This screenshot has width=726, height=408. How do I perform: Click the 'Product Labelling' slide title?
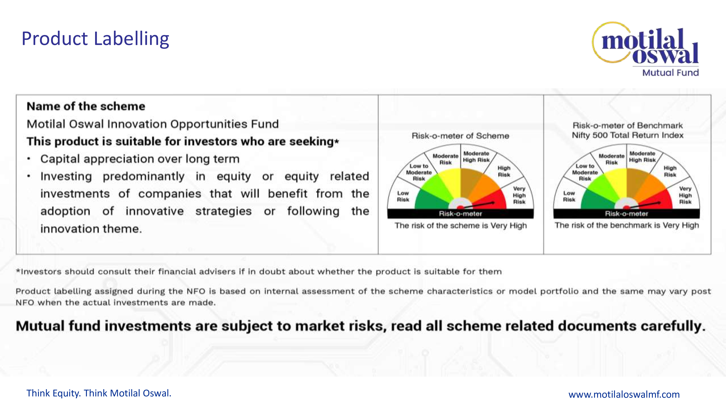click(95, 39)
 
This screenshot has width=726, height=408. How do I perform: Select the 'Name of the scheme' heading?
click(86, 106)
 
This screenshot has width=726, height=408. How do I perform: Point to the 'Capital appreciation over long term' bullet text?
click(140, 159)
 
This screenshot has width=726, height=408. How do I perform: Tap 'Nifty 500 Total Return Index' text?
click(628, 135)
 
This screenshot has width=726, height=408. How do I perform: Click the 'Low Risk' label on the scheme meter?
click(403, 196)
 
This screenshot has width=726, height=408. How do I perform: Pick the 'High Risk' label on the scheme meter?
click(504, 171)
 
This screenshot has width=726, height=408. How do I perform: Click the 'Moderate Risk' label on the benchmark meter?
click(612, 159)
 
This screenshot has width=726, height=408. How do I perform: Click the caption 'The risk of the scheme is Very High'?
click(460, 226)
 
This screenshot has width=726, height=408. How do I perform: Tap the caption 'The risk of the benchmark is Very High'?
click(627, 225)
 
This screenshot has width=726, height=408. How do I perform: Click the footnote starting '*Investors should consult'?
click(259, 272)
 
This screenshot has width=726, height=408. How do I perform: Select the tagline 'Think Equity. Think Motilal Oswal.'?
click(99, 393)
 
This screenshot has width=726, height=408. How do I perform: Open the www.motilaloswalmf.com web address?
click(624, 394)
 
